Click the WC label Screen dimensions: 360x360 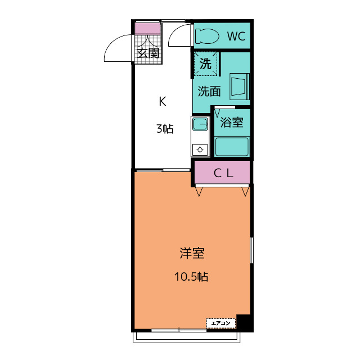tap(236, 36)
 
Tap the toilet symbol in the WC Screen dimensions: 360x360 tap(207, 36)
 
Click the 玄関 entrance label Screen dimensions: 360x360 tap(148, 53)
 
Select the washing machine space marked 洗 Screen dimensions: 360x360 tap(205, 64)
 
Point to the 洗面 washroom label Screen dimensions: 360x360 tap(209, 91)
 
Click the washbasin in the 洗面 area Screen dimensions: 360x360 tap(240, 87)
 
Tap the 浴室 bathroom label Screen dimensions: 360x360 tap(232, 122)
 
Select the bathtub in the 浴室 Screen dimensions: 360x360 tap(232, 147)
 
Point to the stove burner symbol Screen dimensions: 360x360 tap(200, 150)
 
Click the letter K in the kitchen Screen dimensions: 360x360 tap(163, 101)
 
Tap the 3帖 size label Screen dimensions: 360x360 tap(165, 129)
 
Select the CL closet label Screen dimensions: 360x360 tap(223, 173)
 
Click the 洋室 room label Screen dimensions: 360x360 tap(192, 253)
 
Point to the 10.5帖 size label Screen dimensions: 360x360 tap(191, 276)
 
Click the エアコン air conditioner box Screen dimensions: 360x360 tap(221, 323)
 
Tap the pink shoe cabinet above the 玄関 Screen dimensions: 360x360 tap(147, 29)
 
